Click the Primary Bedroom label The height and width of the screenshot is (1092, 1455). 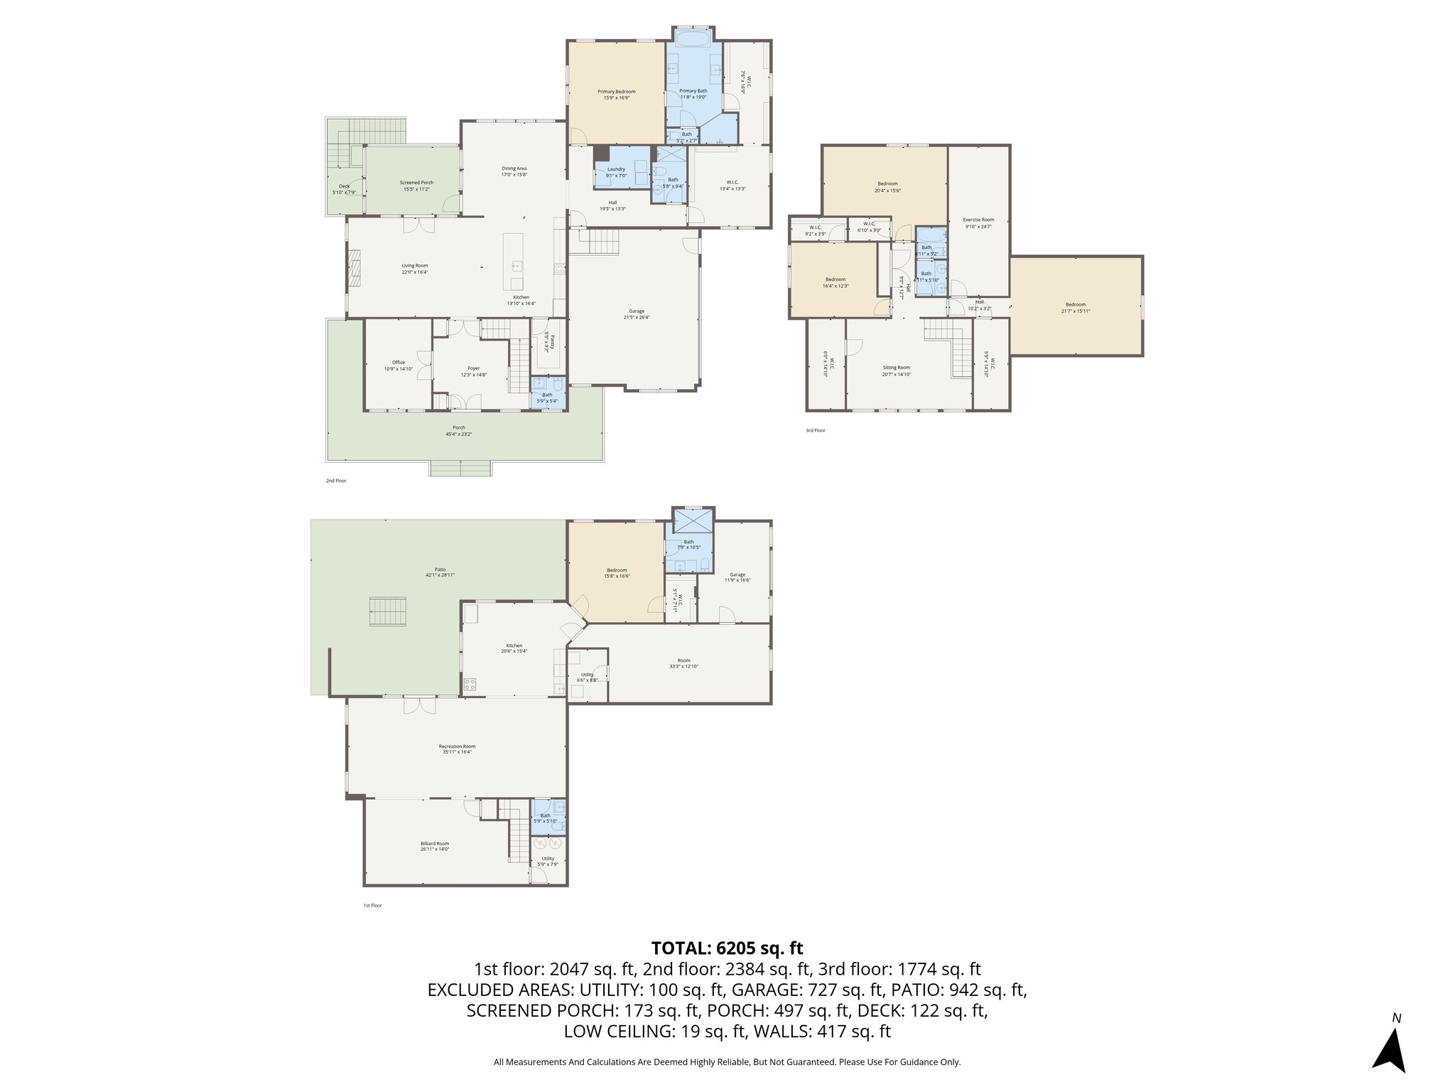tap(616, 92)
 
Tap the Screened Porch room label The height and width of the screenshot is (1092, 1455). tap(416, 183)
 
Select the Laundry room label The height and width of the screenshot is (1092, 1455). tap(616, 169)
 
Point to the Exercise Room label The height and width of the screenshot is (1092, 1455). tap(978, 220)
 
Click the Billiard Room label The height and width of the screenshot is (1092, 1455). tap(434, 843)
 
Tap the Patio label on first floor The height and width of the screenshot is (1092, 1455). tap(440, 569)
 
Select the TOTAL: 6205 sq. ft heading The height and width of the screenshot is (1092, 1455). tap(727, 948)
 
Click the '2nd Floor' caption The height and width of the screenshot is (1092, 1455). tap(336, 481)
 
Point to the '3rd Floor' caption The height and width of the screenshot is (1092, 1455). tap(815, 430)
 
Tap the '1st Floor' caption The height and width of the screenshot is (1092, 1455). tap(372, 905)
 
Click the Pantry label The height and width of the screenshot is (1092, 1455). tap(547, 342)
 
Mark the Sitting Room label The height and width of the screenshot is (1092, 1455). tap(896, 368)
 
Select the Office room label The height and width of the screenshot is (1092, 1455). tap(398, 363)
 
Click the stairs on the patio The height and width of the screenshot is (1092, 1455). tap(389, 613)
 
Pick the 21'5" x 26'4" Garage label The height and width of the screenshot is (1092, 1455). tap(636, 311)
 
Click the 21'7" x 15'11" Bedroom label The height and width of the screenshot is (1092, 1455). tap(1075, 304)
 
